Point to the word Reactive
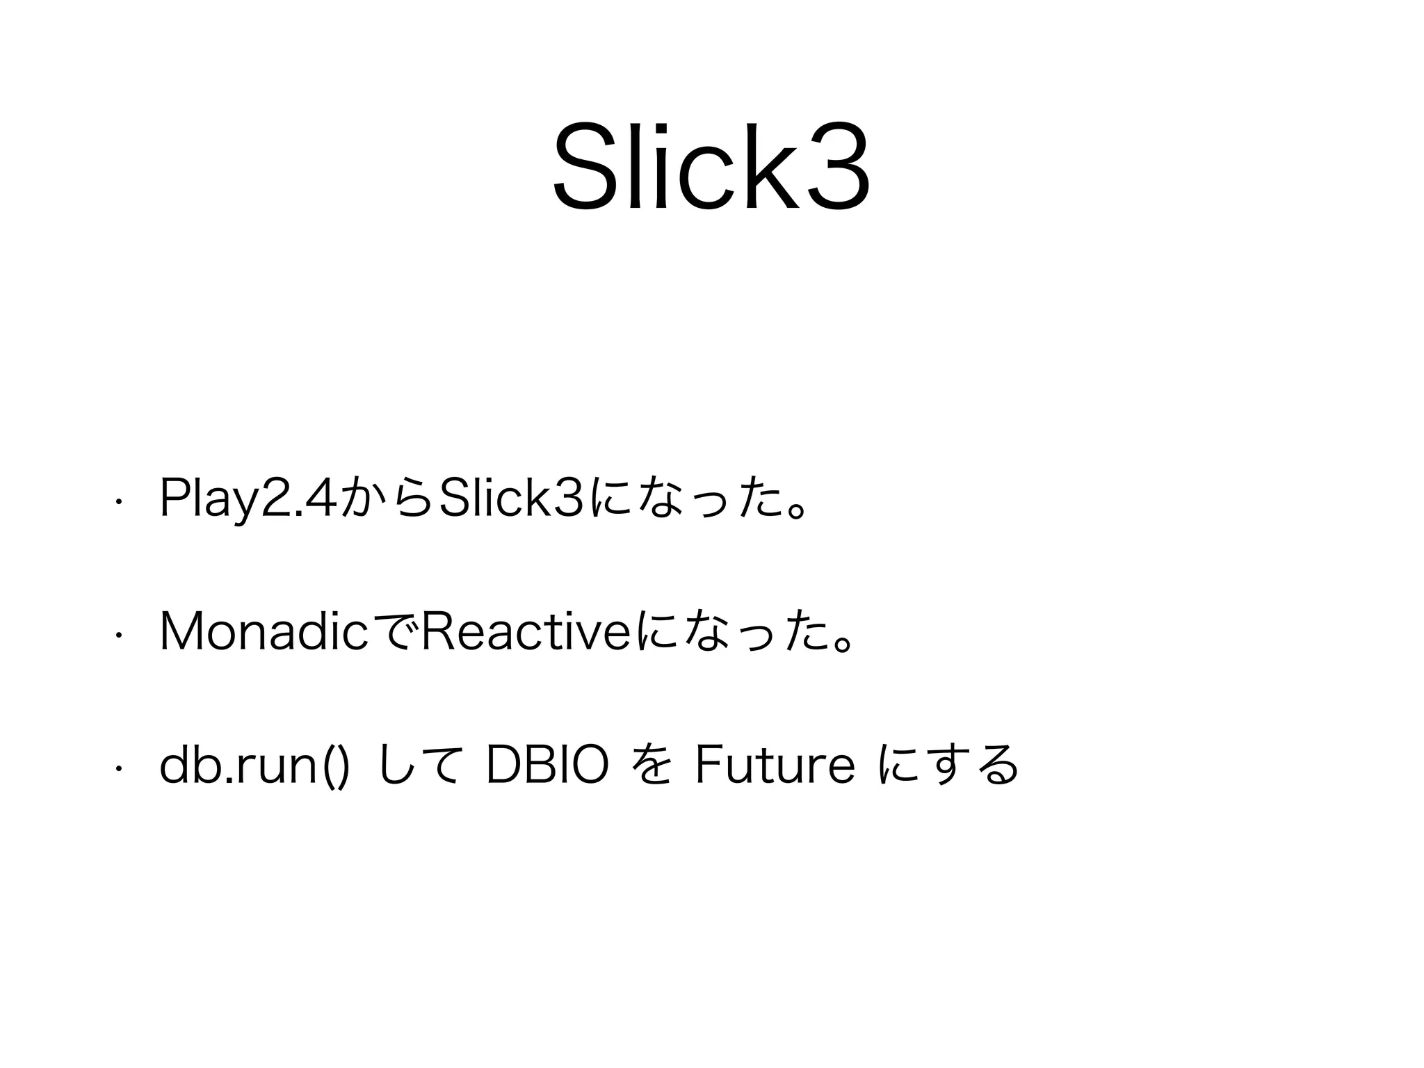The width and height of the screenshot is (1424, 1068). [526, 633]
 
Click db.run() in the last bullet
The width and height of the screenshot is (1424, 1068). [254, 765]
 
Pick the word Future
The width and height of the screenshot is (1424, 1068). [775, 765]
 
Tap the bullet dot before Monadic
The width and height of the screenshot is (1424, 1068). [120, 635]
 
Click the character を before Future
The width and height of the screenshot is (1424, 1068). [652, 765]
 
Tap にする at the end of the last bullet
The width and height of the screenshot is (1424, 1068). [948, 765]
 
